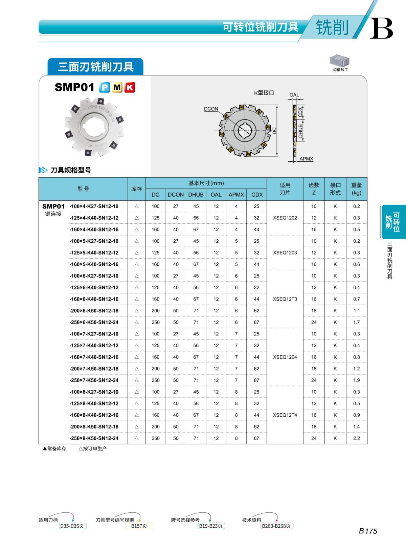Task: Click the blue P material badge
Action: (x=104, y=88)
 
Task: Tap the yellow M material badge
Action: (x=117, y=88)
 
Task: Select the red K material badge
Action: (x=130, y=88)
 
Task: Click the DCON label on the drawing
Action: (x=211, y=109)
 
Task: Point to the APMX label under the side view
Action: (x=306, y=159)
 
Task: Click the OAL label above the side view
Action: (x=294, y=95)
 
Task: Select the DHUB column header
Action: (x=196, y=195)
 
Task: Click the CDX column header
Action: (x=257, y=195)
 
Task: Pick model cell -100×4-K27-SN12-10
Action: (x=94, y=206)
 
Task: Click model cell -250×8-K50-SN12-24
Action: (x=94, y=438)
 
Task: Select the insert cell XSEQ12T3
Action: (x=285, y=299)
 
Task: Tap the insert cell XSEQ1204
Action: (x=285, y=357)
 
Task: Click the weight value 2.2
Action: (x=356, y=438)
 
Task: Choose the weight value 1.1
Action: (x=356, y=311)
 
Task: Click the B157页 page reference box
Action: (x=139, y=526)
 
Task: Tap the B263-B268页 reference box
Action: (x=276, y=526)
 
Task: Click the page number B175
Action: (x=368, y=531)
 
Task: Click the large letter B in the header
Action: (x=381, y=28)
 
